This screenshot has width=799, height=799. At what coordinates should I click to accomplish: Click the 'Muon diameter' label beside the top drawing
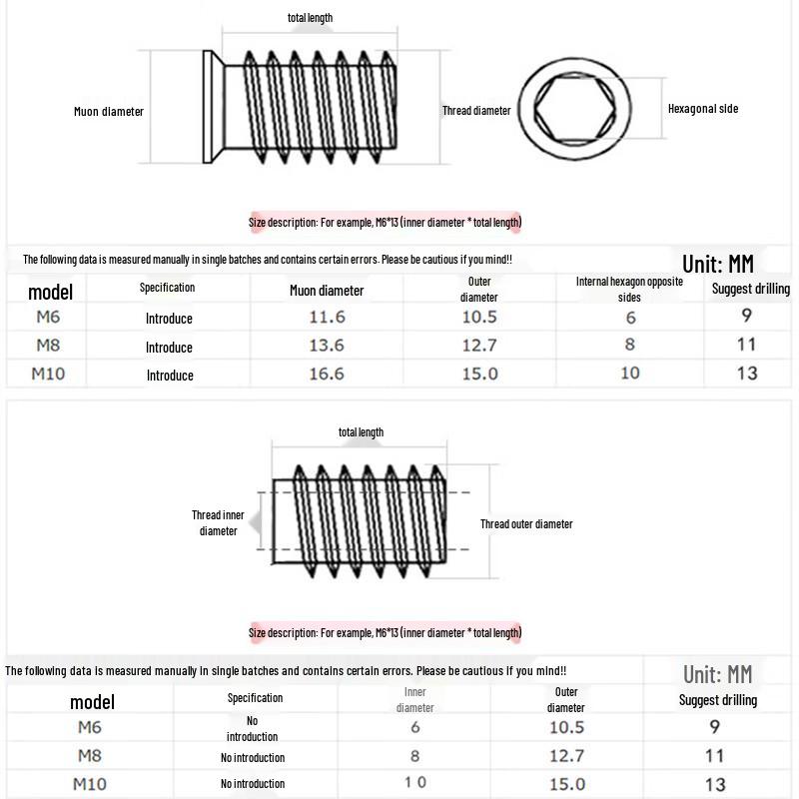coord(109,112)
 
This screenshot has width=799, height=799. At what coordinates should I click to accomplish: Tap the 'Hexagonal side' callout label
coord(703,109)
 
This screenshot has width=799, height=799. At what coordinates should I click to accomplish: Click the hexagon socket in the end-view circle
coord(574,109)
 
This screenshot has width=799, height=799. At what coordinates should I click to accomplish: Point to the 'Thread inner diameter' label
coord(218,522)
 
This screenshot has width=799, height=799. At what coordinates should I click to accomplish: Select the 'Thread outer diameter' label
coord(526,523)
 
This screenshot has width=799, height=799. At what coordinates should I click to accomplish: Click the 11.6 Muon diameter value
coord(328,317)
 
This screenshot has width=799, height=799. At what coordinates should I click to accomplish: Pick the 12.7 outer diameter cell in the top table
coord(479,346)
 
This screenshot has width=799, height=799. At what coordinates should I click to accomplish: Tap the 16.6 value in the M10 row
coord(327,374)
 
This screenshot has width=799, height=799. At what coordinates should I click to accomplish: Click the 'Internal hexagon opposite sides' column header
coord(629,289)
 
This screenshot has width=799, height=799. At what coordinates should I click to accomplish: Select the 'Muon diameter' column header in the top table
coord(327,291)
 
